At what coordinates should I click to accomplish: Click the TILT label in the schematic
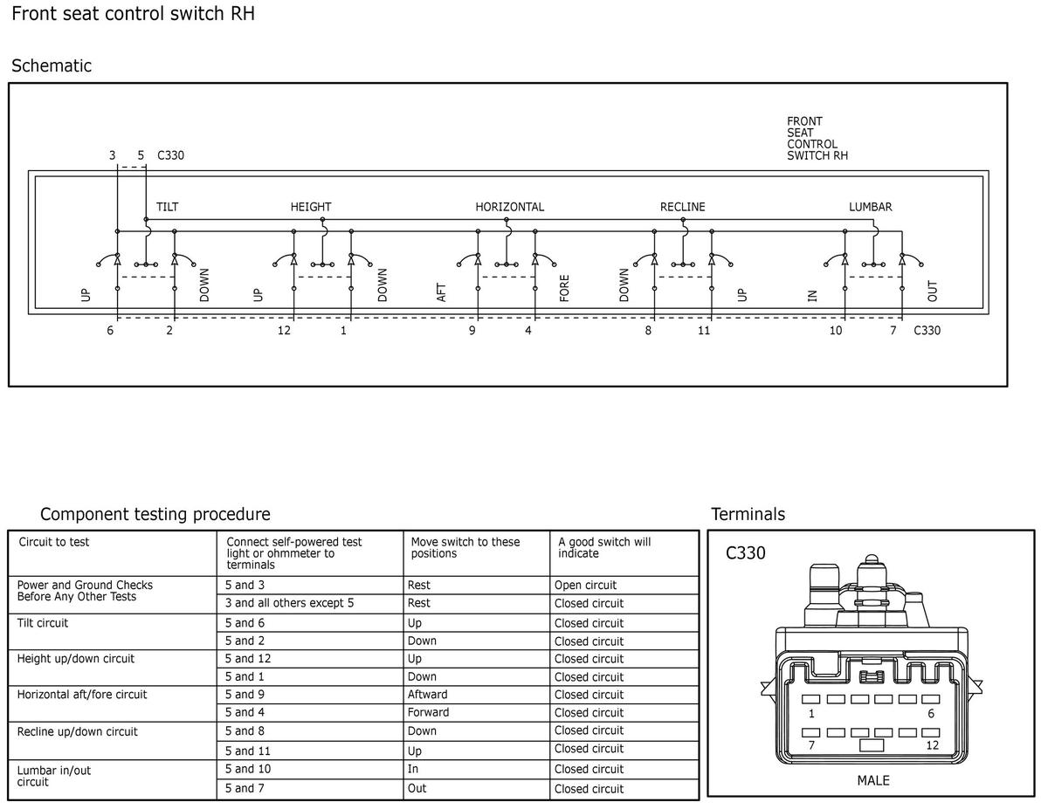coord(167,207)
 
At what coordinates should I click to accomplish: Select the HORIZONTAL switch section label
coord(509,207)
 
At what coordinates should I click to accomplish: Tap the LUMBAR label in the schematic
coord(870,207)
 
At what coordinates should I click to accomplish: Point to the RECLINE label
coord(682,207)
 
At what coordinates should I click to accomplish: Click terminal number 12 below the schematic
coord(284,331)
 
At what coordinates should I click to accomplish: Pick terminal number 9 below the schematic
coord(472,331)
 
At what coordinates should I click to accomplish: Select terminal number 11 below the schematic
coord(704,331)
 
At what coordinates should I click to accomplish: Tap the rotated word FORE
coord(564,288)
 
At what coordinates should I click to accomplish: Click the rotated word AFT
coord(441,292)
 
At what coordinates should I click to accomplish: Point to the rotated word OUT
coord(932,291)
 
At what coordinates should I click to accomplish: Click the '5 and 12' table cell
coord(248,659)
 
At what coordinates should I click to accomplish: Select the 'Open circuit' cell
coord(585,585)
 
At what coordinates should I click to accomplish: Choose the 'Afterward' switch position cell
coord(427,695)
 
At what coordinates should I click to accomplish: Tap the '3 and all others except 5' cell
coord(289,603)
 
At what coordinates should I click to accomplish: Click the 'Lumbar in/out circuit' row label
coord(54,776)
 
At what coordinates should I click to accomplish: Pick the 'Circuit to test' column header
coord(54,542)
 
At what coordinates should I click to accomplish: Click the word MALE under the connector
coord(873,780)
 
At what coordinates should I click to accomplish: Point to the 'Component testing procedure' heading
coord(155,514)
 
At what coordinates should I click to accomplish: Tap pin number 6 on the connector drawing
coord(931,713)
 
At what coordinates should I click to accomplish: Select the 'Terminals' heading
coord(748,514)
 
